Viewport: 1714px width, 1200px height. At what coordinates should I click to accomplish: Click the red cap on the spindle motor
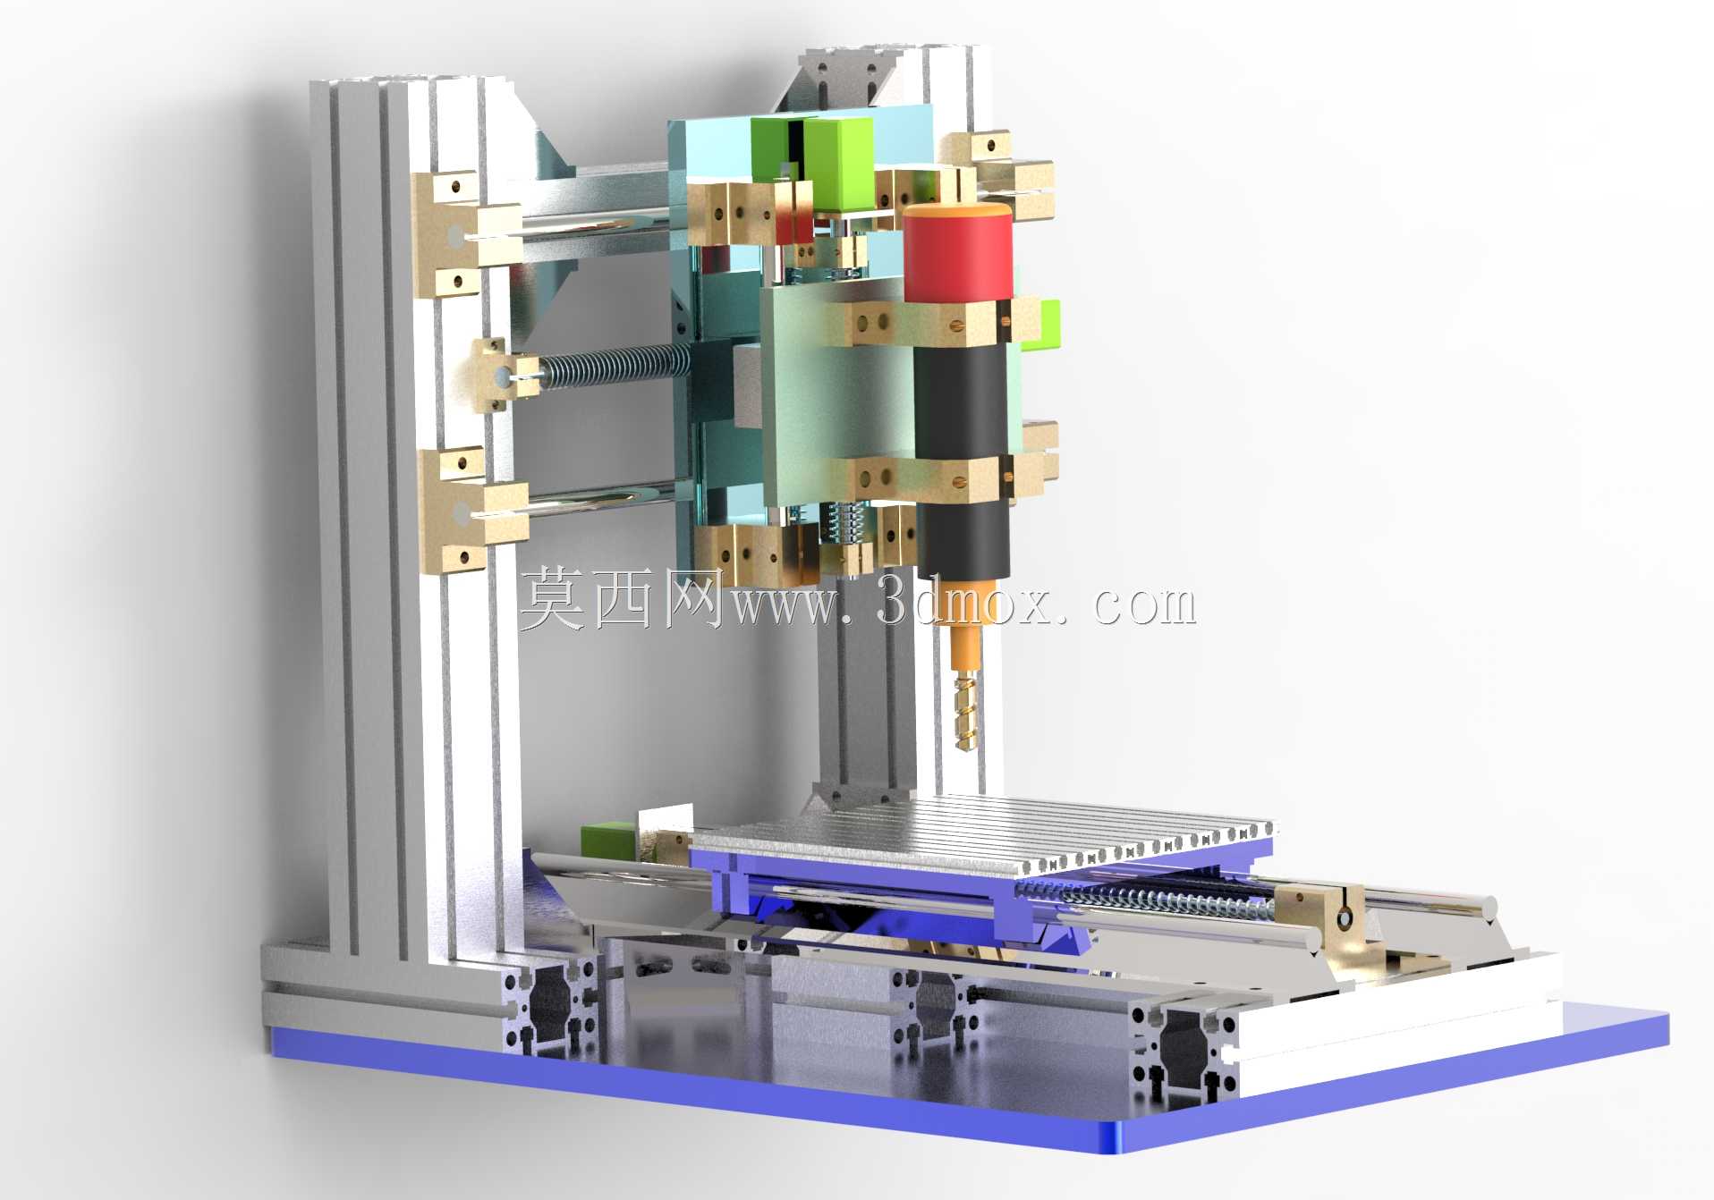point(957,253)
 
